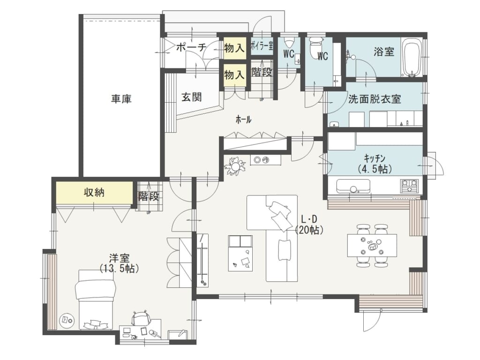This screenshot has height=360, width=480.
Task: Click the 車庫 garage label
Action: tap(121, 99)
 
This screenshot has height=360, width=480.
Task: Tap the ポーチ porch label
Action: tap(191, 47)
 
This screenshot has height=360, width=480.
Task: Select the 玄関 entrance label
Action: tap(192, 97)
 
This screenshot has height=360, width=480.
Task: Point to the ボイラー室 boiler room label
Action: tap(262, 46)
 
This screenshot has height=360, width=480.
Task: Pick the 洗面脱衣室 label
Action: tap(375, 99)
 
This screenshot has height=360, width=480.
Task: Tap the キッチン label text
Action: tap(375, 158)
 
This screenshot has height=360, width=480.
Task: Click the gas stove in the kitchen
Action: tap(410, 186)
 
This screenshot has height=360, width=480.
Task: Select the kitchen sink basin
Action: tap(353, 186)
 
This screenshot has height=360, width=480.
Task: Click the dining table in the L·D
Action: tap(372, 246)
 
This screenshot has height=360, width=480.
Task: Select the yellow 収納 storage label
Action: tap(94, 193)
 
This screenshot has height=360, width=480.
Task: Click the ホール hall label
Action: tap(243, 120)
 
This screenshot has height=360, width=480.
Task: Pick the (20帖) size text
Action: tap(309, 230)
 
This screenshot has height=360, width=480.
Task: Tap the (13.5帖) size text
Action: tap(119, 269)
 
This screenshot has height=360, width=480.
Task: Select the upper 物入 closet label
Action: tap(234, 48)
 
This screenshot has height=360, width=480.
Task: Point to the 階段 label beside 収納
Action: tap(148, 196)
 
